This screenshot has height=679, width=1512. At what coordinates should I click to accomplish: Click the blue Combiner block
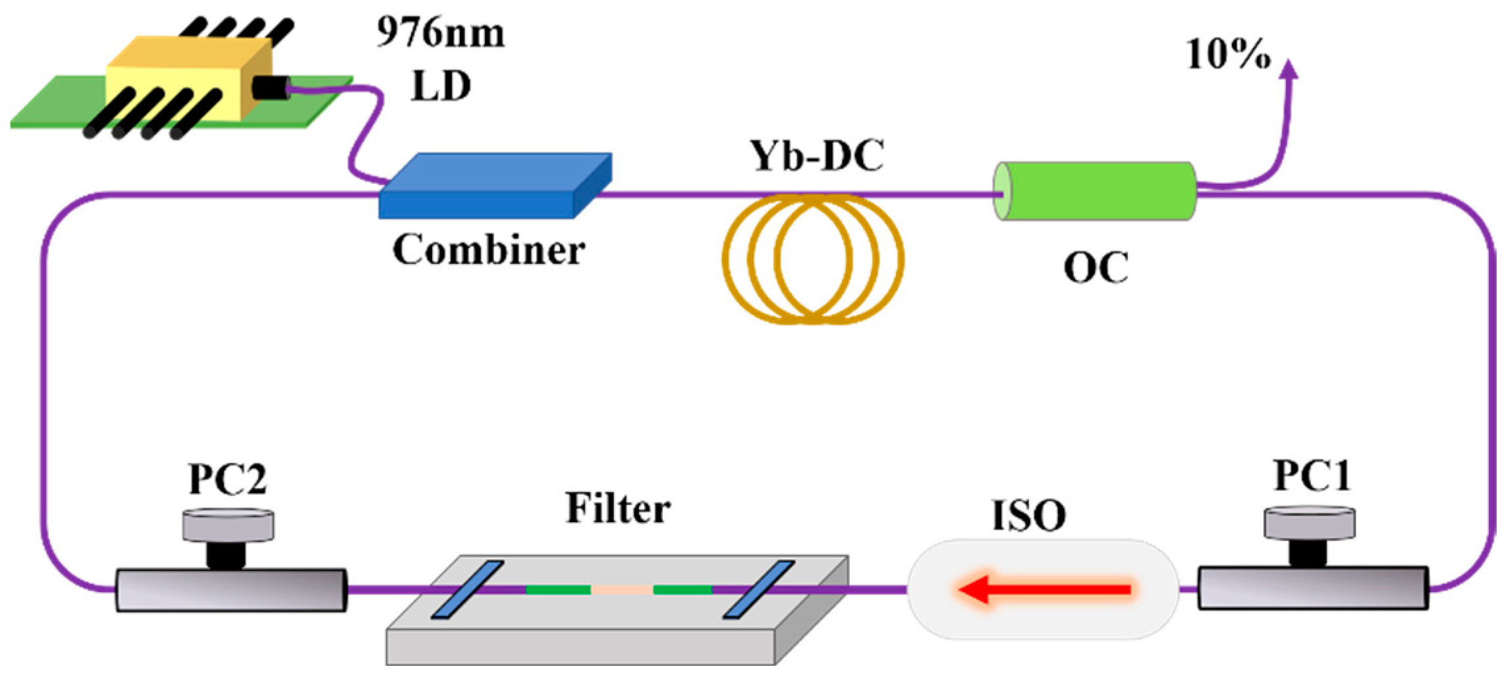click(494, 188)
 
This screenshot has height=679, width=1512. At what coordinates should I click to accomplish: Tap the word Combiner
click(488, 251)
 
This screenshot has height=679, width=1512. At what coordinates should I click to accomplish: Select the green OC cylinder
click(1094, 191)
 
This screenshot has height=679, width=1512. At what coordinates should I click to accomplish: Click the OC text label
click(1096, 268)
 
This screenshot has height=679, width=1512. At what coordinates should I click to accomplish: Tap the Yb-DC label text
click(817, 156)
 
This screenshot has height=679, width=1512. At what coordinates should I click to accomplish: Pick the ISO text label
click(1028, 516)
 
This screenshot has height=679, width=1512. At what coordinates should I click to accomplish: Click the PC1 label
click(1312, 475)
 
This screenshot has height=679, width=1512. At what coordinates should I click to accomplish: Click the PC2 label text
click(227, 479)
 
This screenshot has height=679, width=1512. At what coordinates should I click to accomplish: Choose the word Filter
click(618, 508)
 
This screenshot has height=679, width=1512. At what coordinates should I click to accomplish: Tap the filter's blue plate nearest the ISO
click(758, 589)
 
